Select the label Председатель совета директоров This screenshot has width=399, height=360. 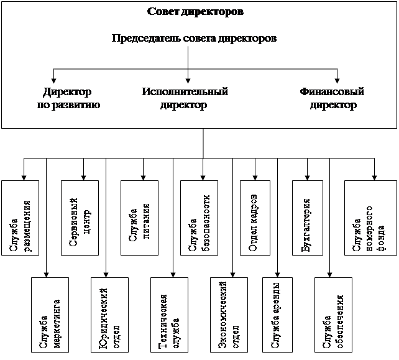[x=194, y=38]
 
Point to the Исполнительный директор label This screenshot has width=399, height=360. [x=184, y=98]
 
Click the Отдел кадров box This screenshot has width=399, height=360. [x=257, y=217]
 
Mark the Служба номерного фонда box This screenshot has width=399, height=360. [x=369, y=217]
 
